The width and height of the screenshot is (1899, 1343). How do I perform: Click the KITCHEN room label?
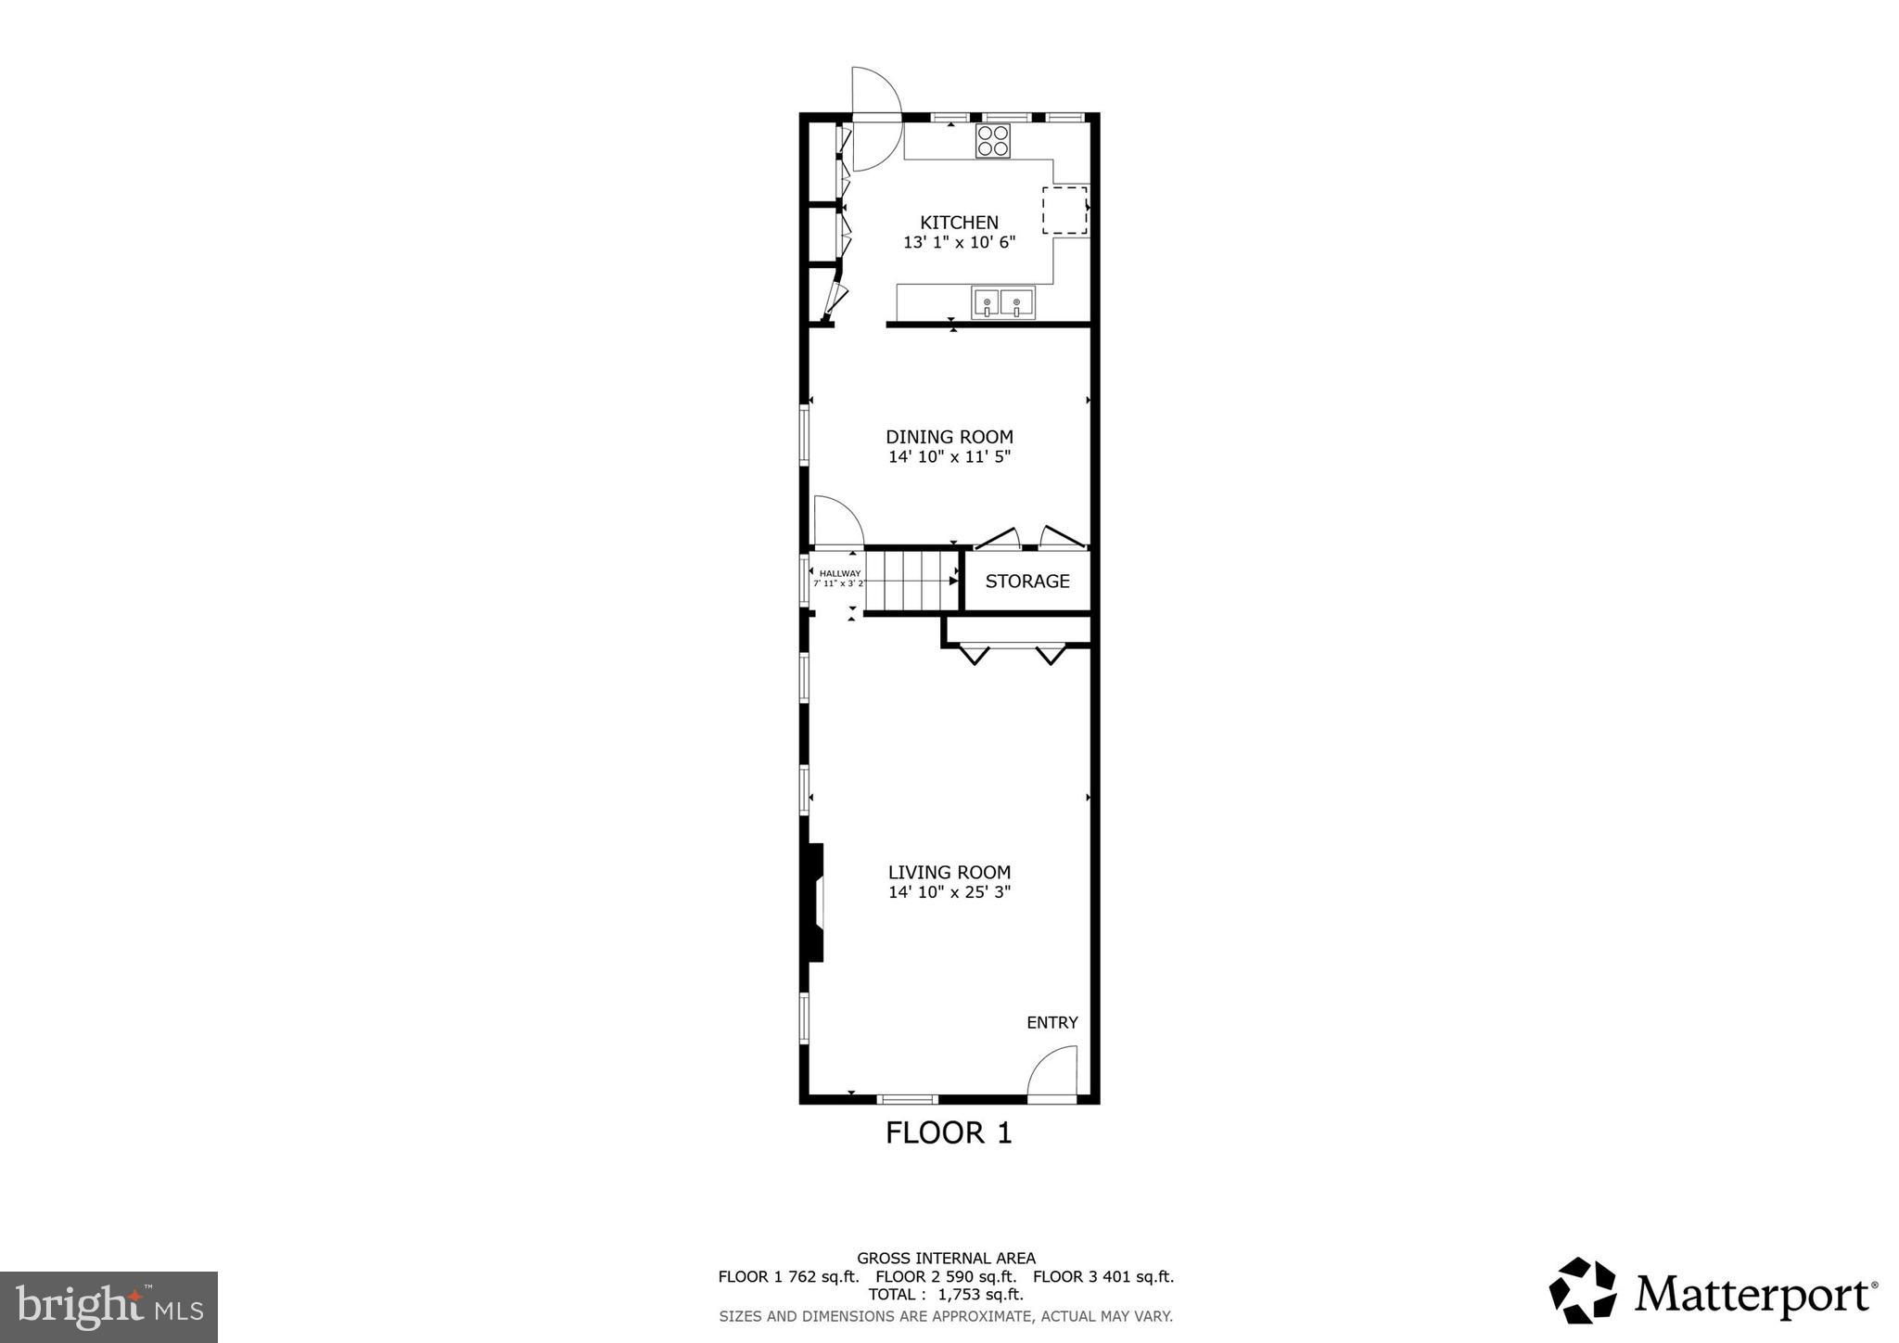tap(959, 223)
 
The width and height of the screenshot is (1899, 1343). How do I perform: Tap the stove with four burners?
tap(992, 141)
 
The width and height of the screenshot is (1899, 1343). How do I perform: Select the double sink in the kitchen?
tap(1002, 302)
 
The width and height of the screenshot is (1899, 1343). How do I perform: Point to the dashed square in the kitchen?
tap(1064, 210)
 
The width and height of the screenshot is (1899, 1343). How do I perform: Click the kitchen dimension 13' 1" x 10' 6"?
tap(960, 243)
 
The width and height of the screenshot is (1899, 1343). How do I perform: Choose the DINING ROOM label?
tap(949, 437)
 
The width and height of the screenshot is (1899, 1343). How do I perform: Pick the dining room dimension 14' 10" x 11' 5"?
tap(949, 457)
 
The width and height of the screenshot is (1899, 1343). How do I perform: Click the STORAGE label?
tap(1027, 582)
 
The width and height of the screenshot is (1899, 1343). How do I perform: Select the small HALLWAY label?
tap(840, 573)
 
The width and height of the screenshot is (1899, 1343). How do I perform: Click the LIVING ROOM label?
tap(949, 872)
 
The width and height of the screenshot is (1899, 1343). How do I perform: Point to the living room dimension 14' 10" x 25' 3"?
tap(949, 892)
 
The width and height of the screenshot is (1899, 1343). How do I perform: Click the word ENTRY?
tap(1052, 1022)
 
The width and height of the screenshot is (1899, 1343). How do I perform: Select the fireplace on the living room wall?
tap(815, 902)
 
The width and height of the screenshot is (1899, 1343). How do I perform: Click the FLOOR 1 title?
tap(949, 1132)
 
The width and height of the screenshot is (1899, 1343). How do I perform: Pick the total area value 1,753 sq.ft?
tap(980, 1294)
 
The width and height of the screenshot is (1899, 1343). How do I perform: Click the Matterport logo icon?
tap(1582, 1290)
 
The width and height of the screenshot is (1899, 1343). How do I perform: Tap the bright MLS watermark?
tap(109, 1307)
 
